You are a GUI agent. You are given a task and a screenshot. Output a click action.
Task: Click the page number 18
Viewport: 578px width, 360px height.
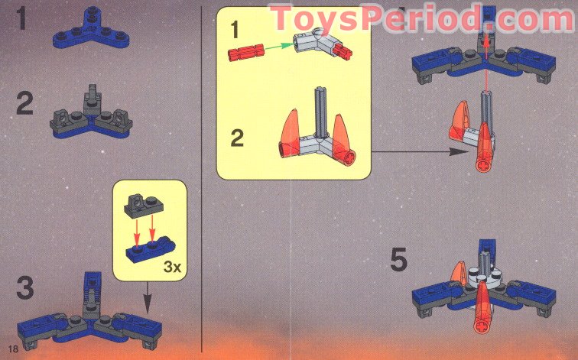coord(13,349)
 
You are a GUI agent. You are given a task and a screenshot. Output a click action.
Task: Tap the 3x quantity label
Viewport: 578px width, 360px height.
coord(173,267)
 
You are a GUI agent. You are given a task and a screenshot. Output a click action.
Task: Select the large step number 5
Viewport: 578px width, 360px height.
coord(399,259)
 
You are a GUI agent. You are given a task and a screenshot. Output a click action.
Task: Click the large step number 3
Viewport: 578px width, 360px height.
coord(25,288)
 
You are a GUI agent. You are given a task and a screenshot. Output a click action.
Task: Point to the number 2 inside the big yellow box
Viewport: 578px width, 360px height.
coord(237,138)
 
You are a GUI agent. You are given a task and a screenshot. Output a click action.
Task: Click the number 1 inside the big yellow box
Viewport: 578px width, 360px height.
coord(234,30)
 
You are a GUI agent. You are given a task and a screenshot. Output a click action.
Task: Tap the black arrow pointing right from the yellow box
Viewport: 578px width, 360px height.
coord(417,151)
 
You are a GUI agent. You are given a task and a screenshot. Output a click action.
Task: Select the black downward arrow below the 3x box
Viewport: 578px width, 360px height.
coord(148,298)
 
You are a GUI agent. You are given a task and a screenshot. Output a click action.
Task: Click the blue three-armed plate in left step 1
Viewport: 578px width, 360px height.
coord(91,31)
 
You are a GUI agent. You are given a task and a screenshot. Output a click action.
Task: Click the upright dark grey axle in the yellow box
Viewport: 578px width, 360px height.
coord(320,112)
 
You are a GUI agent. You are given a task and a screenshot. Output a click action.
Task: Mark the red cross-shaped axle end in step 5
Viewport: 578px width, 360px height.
coord(481,326)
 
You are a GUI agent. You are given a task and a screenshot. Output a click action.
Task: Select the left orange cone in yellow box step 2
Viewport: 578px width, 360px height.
coord(290,133)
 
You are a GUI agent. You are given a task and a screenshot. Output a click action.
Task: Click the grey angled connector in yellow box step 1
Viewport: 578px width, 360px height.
coord(314,43)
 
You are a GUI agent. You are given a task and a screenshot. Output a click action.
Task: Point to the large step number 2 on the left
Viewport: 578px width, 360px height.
coord(24,103)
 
